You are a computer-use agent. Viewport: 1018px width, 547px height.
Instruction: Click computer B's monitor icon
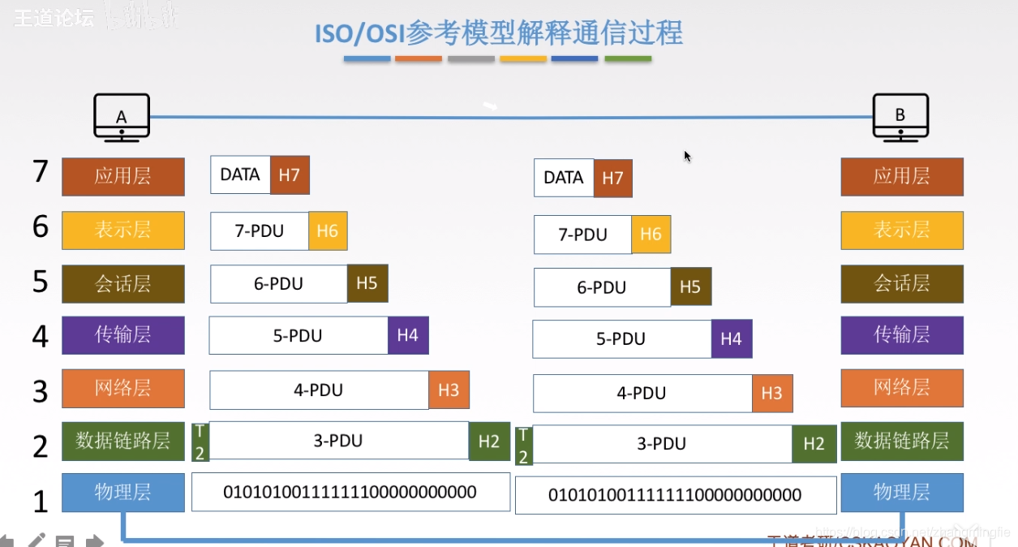tap(900, 117)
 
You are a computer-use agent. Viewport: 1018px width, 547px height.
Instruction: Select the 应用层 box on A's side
tap(123, 177)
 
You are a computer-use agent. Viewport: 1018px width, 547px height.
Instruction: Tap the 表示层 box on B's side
tap(902, 230)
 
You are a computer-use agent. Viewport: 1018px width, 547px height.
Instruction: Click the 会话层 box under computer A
tap(123, 284)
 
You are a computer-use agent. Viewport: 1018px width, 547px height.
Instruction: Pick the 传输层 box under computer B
tap(902, 335)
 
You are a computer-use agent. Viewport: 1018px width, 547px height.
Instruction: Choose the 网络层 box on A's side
tap(123, 388)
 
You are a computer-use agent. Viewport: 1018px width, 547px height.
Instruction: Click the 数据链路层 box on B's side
tap(902, 441)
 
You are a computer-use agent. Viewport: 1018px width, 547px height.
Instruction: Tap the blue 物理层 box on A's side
tap(123, 492)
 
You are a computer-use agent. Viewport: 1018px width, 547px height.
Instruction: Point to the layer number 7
tap(41, 172)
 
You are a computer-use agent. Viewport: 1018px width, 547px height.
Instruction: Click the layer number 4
tap(41, 336)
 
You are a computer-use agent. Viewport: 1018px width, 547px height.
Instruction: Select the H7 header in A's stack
tap(290, 174)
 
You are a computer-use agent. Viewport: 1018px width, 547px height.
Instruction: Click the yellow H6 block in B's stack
tap(651, 235)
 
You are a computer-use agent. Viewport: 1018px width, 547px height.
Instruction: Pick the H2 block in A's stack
tap(489, 441)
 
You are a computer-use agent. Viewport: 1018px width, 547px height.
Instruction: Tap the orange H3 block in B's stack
tap(772, 394)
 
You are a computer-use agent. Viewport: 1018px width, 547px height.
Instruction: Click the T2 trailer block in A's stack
tap(200, 441)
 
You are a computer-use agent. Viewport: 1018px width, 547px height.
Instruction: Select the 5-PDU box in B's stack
tap(621, 339)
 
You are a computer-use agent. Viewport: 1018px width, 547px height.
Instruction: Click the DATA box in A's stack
tap(240, 174)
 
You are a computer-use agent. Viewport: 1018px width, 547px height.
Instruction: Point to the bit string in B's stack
tap(675, 495)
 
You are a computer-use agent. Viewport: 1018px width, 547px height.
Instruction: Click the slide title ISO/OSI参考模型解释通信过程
tap(498, 34)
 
